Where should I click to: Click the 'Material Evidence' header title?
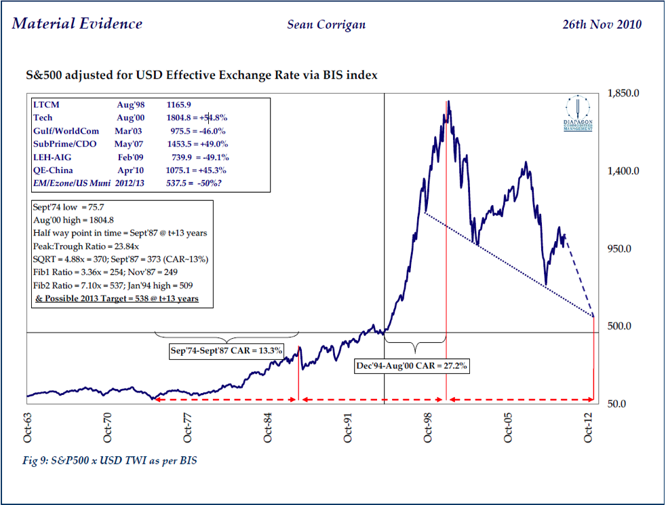[77, 24]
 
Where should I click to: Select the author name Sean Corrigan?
[327, 25]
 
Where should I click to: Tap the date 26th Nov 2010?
[602, 25]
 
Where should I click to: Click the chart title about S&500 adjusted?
[197, 75]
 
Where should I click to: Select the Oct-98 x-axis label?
[428, 427]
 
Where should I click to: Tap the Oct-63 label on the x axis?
[27, 427]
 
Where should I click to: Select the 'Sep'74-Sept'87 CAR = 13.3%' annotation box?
[226, 351]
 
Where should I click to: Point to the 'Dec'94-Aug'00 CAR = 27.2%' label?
[412, 365]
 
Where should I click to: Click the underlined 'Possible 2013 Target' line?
[117, 298]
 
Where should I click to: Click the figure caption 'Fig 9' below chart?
[109, 460]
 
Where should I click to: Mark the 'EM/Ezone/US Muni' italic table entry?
[71, 183]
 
